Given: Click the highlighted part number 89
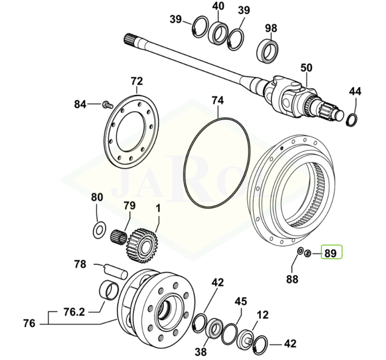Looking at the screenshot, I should click(330, 252).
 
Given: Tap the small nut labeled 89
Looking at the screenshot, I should click(309, 252).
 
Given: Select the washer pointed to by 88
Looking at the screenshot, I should click(300, 251).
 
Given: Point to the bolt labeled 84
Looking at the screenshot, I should click(107, 104).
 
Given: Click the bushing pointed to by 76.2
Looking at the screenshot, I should click(109, 292).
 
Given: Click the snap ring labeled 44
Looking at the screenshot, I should click(353, 118).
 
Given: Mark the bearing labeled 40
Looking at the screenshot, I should click(218, 33).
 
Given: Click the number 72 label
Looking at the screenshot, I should click(136, 82).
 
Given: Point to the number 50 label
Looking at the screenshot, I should click(307, 68).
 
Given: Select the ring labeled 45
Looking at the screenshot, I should click(230, 332).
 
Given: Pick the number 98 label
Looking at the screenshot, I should click(271, 28).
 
